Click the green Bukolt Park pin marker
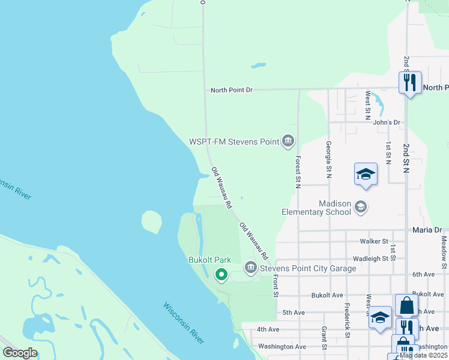click(221, 275)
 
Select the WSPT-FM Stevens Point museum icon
click(288, 142)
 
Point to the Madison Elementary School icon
click(361, 208)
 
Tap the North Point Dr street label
click(232, 90)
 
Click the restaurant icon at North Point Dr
click(410, 82)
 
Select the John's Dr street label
click(386, 122)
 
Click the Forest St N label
click(298, 172)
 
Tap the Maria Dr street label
click(427, 230)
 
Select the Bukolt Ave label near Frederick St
click(327, 296)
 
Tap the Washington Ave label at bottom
click(282, 347)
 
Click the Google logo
click(20, 353)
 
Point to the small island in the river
click(151, 222)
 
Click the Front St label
click(276, 286)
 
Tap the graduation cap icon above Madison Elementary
click(366, 175)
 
